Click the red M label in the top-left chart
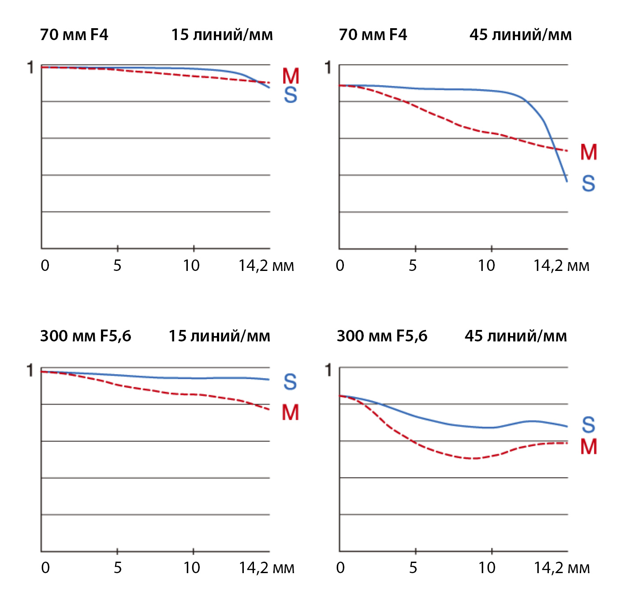291,76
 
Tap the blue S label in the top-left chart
291,95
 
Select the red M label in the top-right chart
589,152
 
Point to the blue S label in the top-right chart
589,183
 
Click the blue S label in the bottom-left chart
290,382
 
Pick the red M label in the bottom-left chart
291,413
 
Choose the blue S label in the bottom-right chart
589,425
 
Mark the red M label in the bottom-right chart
589,447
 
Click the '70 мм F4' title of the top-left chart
74,35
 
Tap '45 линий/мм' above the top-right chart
520,35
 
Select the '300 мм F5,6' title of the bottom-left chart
86,336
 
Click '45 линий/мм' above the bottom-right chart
516,336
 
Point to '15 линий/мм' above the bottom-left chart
220,336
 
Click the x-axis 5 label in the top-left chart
117,266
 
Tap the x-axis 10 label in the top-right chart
487,266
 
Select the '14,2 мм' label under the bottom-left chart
266,568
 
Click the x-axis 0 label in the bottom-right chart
340,568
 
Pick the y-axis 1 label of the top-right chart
328,68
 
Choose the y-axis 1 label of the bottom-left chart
30,370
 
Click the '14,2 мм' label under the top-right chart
561,266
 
